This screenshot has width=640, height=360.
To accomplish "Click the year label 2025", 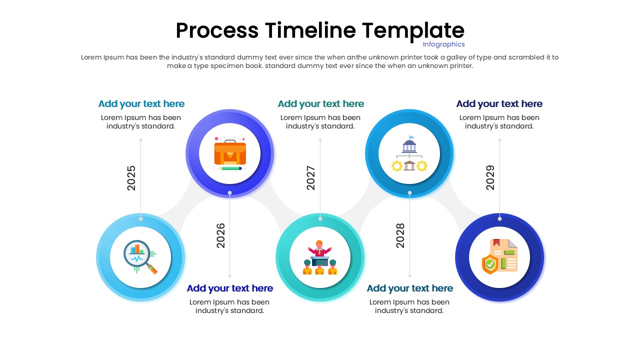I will [x=131, y=178].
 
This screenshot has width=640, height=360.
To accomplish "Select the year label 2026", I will [x=220, y=235].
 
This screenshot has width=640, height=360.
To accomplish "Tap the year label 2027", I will [x=311, y=178].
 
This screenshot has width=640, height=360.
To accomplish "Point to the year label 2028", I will [x=400, y=235].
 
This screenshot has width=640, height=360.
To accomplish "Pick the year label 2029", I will [x=490, y=178].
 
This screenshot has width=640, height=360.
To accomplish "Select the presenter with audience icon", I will [x=320, y=257].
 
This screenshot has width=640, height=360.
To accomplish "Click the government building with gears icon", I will [x=409, y=153].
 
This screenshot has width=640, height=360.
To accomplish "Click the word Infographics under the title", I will [x=444, y=44].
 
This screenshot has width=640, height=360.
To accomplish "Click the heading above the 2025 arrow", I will [x=141, y=104].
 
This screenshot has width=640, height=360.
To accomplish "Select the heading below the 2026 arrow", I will [x=230, y=288].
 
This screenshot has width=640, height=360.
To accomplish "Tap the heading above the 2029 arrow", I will [x=499, y=104].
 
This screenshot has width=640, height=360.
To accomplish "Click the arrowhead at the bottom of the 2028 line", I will [x=409, y=276].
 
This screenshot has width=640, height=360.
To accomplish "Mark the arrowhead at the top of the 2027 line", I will [x=320, y=140].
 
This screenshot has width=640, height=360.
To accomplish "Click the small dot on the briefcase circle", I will [x=230, y=192].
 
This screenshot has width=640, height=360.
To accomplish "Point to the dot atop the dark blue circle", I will [x=499, y=218].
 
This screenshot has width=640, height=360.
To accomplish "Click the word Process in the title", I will [x=217, y=30].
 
